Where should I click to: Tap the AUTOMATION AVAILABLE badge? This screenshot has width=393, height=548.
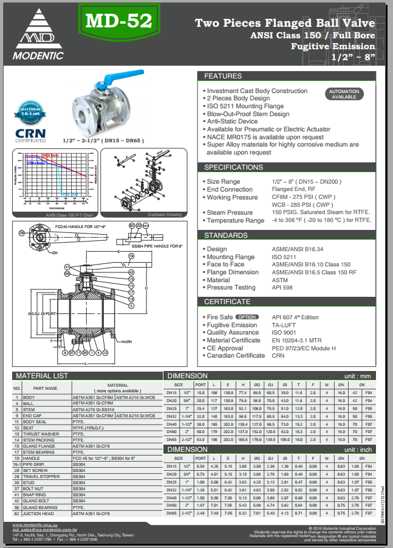344,94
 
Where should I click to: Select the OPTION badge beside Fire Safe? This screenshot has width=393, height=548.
247,317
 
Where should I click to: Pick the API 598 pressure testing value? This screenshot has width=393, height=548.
282,288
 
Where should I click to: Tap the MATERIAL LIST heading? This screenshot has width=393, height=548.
42,376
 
